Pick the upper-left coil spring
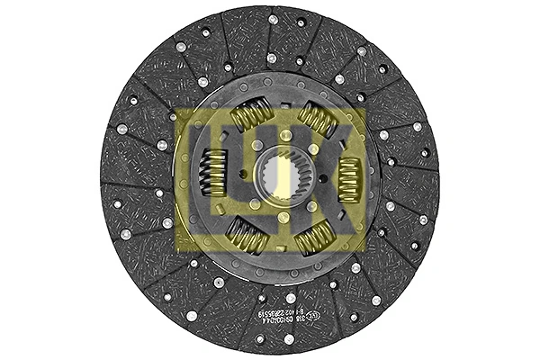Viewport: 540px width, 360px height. pos(251,113)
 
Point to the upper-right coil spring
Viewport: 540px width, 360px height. pos(317,117)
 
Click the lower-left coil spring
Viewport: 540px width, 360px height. pos(245,236)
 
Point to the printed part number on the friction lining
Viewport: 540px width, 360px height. pos(351,310)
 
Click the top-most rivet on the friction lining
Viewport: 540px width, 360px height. pos(273,18)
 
